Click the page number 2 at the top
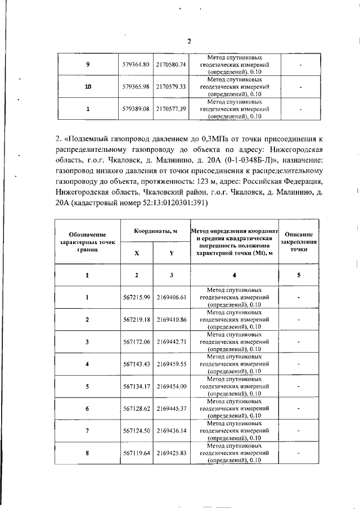[x=189, y=40]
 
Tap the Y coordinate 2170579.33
[x=171, y=87]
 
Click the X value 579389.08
[x=136, y=109]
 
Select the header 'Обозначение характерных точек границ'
[x=87, y=241]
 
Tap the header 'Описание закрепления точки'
[x=299, y=241]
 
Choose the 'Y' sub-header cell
[x=171, y=253]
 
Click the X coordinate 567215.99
[x=136, y=296]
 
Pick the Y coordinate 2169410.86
[x=171, y=319]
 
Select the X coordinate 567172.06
[x=136, y=341]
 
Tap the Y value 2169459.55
[x=171, y=364]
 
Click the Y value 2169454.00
[x=171, y=386]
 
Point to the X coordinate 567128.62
[x=136, y=408]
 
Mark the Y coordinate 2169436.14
[x=171, y=431]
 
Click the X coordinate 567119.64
[x=136, y=453]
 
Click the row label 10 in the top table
[x=87, y=87]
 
